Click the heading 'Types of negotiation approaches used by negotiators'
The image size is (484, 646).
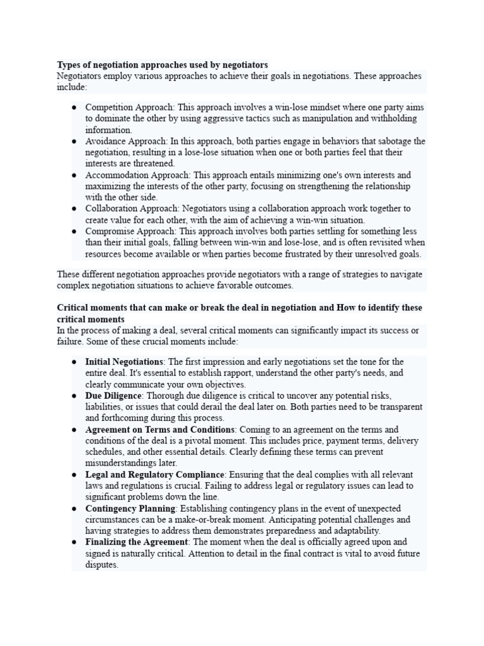coord(162,64)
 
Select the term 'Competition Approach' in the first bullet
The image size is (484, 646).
coord(130,107)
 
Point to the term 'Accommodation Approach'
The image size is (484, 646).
coord(137,175)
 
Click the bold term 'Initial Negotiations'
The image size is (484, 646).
coord(124,361)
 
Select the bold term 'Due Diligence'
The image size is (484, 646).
coord(113,396)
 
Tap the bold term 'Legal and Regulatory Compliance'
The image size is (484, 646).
coord(154,474)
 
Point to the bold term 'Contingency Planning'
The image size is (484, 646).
coord(129,508)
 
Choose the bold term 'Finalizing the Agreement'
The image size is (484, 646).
coord(136,542)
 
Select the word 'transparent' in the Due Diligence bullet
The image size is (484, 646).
coord(400,407)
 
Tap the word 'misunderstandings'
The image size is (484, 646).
coord(122,463)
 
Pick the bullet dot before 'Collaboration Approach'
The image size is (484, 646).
coord(74,209)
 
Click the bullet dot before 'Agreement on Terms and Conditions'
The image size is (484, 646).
coord(74,430)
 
